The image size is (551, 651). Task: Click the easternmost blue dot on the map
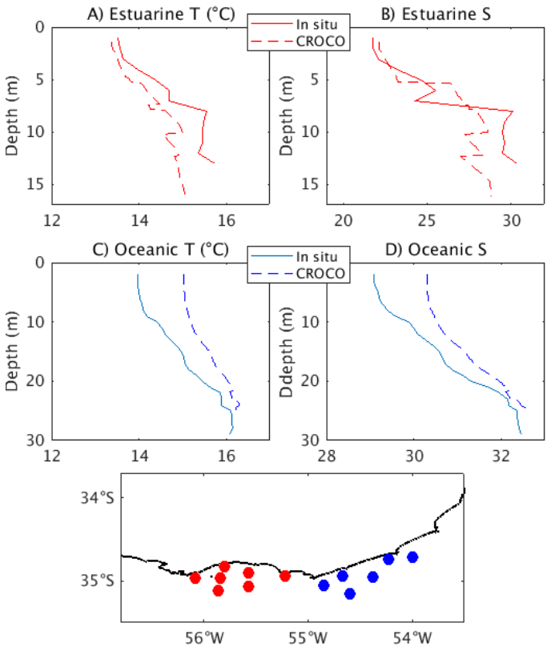412,557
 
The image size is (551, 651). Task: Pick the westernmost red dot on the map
195,577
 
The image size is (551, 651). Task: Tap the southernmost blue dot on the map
350,593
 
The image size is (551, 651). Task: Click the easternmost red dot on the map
285,576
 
